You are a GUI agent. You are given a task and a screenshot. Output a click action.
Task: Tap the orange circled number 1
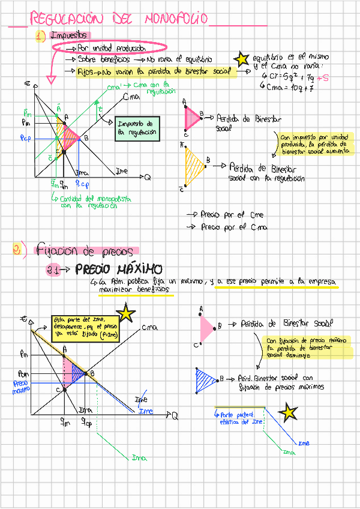[40, 37]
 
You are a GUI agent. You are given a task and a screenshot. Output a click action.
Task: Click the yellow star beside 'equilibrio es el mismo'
[241, 59]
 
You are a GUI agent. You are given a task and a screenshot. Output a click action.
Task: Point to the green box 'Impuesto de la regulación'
[138, 128]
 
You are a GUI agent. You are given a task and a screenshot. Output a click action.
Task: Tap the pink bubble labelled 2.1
[53, 271]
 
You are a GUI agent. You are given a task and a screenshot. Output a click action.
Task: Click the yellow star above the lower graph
[126, 313]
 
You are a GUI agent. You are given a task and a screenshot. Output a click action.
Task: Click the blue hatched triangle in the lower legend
[206, 381]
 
